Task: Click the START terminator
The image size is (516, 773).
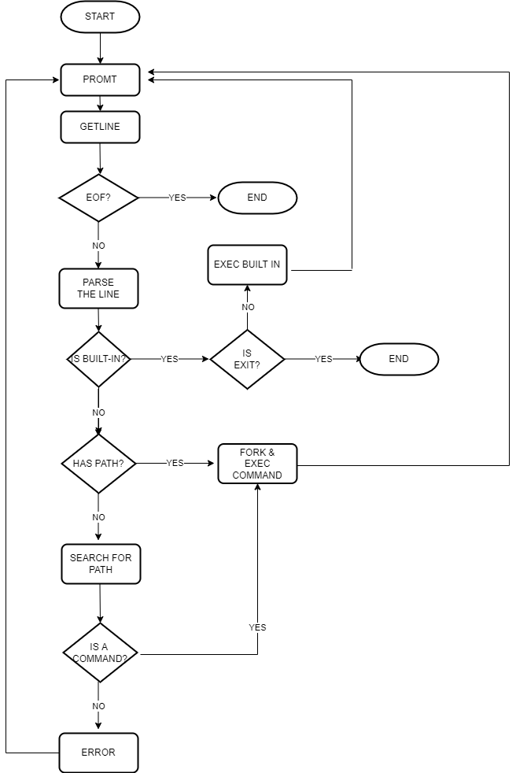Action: pos(100,17)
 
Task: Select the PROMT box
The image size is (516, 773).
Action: pos(100,80)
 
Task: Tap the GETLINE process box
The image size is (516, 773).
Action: pos(100,127)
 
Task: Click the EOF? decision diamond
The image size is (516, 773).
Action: pos(98,198)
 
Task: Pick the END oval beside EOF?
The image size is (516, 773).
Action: pos(257,198)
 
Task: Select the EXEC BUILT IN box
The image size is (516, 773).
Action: pos(247,264)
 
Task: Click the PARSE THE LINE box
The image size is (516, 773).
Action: pos(98,288)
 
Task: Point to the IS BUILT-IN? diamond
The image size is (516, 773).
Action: pos(98,359)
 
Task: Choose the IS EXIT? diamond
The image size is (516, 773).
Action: pos(247,359)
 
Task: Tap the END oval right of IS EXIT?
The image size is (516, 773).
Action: pos(399,359)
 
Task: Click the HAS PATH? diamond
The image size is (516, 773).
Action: pos(98,464)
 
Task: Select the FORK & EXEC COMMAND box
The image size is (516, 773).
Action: pos(257,464)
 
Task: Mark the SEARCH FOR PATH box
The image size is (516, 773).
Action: pos(101,564)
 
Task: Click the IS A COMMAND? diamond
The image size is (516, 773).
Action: pos(100,653)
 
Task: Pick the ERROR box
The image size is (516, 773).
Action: pos(98,753)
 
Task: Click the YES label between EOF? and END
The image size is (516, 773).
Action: pos(178,198)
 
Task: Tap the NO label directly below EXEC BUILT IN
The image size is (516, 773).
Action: pos(248,307)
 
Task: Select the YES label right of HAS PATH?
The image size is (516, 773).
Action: pos(175,463)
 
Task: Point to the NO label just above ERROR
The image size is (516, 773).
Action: pos(98,706)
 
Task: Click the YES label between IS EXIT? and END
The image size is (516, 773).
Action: pos(324,359)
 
